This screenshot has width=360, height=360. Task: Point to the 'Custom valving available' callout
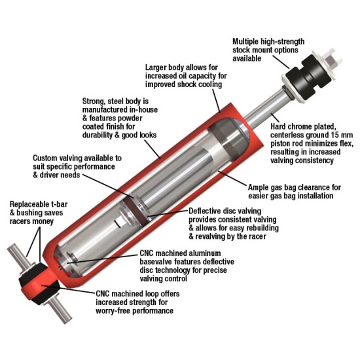pos(77,168)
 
